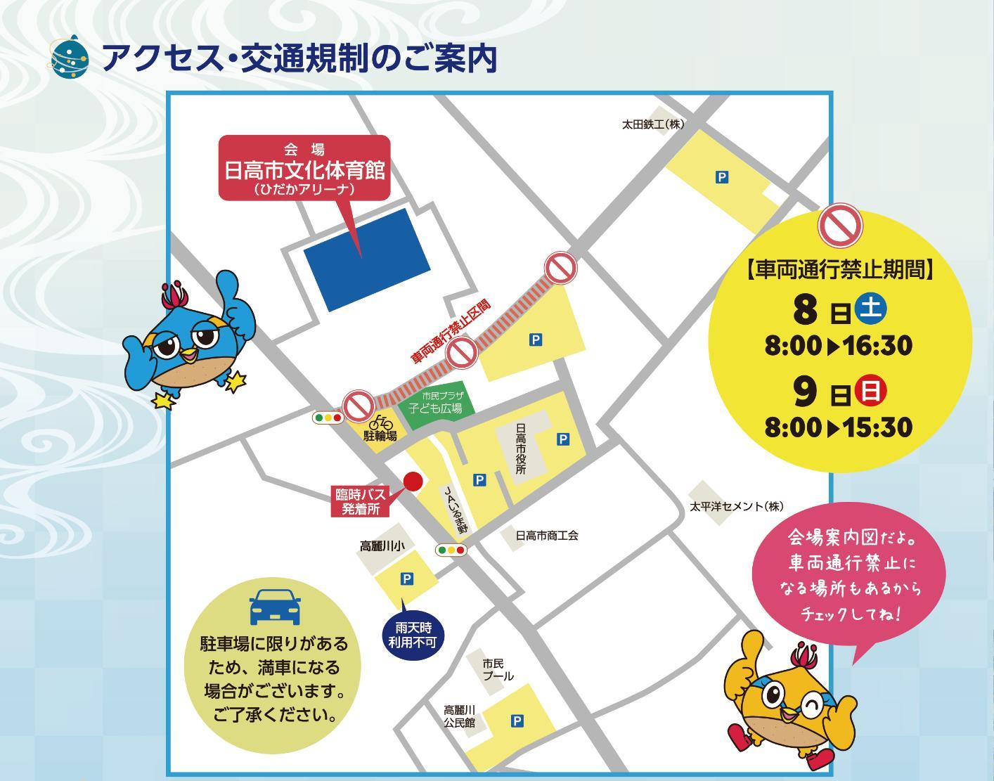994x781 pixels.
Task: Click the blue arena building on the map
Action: click(x=366, y=259)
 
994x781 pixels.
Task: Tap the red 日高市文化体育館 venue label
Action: click(x=304, y=169)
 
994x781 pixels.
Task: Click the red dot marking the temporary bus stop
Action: click(x=413, y=481)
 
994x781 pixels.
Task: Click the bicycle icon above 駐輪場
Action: click(x=380, y=422)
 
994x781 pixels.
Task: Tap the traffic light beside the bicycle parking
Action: click(x=328, y=418)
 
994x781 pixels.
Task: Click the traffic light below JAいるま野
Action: click(x=451, y=550)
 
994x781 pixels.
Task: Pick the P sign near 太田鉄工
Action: click(x=721, y=178)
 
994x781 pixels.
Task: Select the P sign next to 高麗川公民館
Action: click(x=517, y=721)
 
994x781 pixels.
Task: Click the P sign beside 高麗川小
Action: click(x=406, y=579)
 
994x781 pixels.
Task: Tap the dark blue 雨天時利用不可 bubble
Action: click(x=413, y=635)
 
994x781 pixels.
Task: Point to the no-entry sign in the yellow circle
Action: click(x=840, y=225)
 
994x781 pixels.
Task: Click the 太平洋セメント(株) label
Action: click(x=735, y=506)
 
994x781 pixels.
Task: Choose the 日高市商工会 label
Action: click(x=547, y=536)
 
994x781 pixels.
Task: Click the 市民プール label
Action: click(x=498, y=669)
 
